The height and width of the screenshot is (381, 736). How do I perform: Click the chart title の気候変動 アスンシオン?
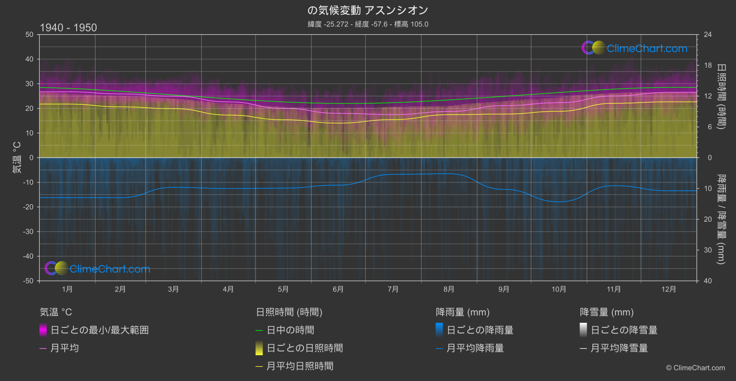click(368, 10)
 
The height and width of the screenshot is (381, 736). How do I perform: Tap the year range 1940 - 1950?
click(68, 28)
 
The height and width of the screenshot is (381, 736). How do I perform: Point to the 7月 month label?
click(393, 289)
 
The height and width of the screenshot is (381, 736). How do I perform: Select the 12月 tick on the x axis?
click(669, 289)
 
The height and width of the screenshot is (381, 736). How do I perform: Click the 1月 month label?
click(67, 289)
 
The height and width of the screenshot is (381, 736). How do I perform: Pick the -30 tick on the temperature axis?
click(29, 232)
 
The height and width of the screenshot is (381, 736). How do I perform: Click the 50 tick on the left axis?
click(30, 35)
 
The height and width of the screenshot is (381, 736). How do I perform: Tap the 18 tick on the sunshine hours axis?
click(708, 66)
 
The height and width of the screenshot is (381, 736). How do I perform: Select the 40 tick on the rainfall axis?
click(708, 281)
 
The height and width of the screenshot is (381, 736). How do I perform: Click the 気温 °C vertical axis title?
click(17, 157)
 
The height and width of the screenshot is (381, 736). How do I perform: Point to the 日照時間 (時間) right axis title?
click(721, 96)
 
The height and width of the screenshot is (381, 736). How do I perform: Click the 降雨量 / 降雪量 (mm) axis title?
click(721, 219)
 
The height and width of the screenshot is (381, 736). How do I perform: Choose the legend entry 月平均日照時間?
click(300, 366)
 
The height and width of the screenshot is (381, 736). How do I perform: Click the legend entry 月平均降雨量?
click(475, 348)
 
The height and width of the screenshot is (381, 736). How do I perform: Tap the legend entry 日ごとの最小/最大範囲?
click(99, 330)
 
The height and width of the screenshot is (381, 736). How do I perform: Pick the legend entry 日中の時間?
click(290, 330)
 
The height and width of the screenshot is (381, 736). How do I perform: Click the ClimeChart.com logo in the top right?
click(634, 48)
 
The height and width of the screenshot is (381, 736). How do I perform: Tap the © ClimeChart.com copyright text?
click(695, 368)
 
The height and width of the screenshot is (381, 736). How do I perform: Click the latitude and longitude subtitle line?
click(368, 24)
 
